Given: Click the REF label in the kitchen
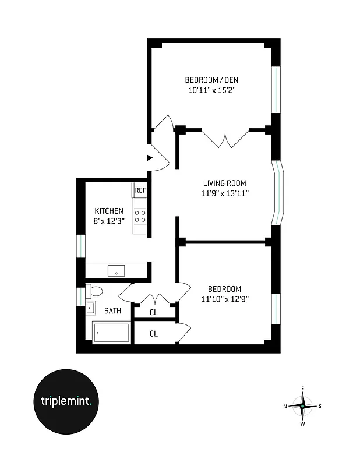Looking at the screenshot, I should click(x=140, y=190).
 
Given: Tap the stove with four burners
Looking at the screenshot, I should click(x=140, y=217).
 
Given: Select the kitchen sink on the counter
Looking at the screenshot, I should click(x=117, y=271).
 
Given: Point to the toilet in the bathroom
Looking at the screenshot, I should click(x=94, y=291).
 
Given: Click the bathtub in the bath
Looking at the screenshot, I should click(x=111, y=334).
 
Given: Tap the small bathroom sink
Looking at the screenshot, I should click(x=90, y=308).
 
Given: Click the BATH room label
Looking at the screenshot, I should click(x=112, y=310).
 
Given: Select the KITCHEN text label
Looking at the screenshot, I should click(x=109, y=211).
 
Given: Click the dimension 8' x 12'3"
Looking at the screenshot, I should click(x=109, y=221).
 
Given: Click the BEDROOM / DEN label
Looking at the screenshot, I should click(x=210, y=80).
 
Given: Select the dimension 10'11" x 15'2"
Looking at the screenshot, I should click(x=210, y=90).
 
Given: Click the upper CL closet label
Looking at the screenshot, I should click(x=154, y=313).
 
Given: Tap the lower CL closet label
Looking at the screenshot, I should click(x=154, y=334).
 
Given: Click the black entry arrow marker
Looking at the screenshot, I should click(x=150, y=157).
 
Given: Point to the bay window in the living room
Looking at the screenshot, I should click(x=279, y=193).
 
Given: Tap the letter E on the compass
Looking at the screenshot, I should click(x=302, y=388).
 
